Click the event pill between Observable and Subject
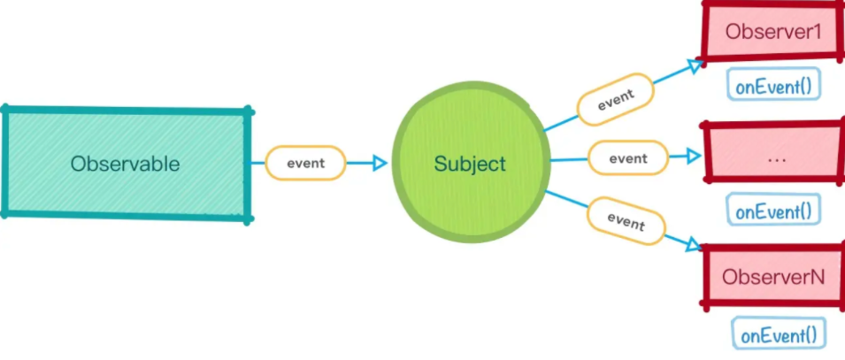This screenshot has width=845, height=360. [305, 163]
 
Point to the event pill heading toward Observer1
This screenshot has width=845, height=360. [615, 99]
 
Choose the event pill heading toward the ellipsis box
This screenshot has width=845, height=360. [628, 158]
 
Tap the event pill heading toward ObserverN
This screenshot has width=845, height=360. [626, 222]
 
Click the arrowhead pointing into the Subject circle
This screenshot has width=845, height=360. [381, 163]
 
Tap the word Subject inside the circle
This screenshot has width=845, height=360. [470, 164]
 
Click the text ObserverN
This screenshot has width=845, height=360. [773, 277]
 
